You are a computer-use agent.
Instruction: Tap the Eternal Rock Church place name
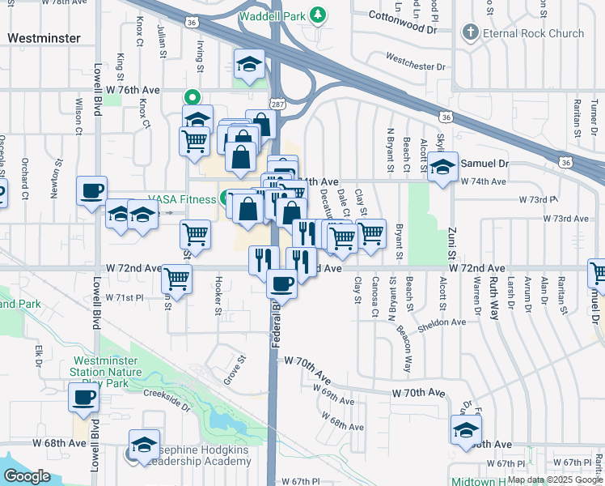pyautogui.click(x=533, y=33)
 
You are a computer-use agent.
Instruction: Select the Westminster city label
pyautogui.click(x=44, y=38)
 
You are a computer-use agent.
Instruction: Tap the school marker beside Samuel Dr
pyautogui.click(x=443, y=168)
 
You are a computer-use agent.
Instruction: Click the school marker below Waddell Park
pyautogui.click(x=250, y=65)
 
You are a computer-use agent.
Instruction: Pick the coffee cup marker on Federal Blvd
pyautogui.click(x=281, y=283)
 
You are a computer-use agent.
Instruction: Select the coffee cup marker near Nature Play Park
pyautogui.click(x=84, y=398)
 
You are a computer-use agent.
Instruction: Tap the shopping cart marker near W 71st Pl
pyautogui.click(x=176, y=279)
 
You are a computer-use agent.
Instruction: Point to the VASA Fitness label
pyautogui.click(x=181, y=199)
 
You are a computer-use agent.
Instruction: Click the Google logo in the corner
pyautogui.click(x=26, y=476)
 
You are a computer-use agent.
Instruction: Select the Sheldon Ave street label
pyautogui.click(x=442, y=322)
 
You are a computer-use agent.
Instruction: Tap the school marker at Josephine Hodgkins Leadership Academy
pyautogui.click(x=144, y=446)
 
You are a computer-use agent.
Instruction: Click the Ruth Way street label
pyautogui.click(x=494, y=290)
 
